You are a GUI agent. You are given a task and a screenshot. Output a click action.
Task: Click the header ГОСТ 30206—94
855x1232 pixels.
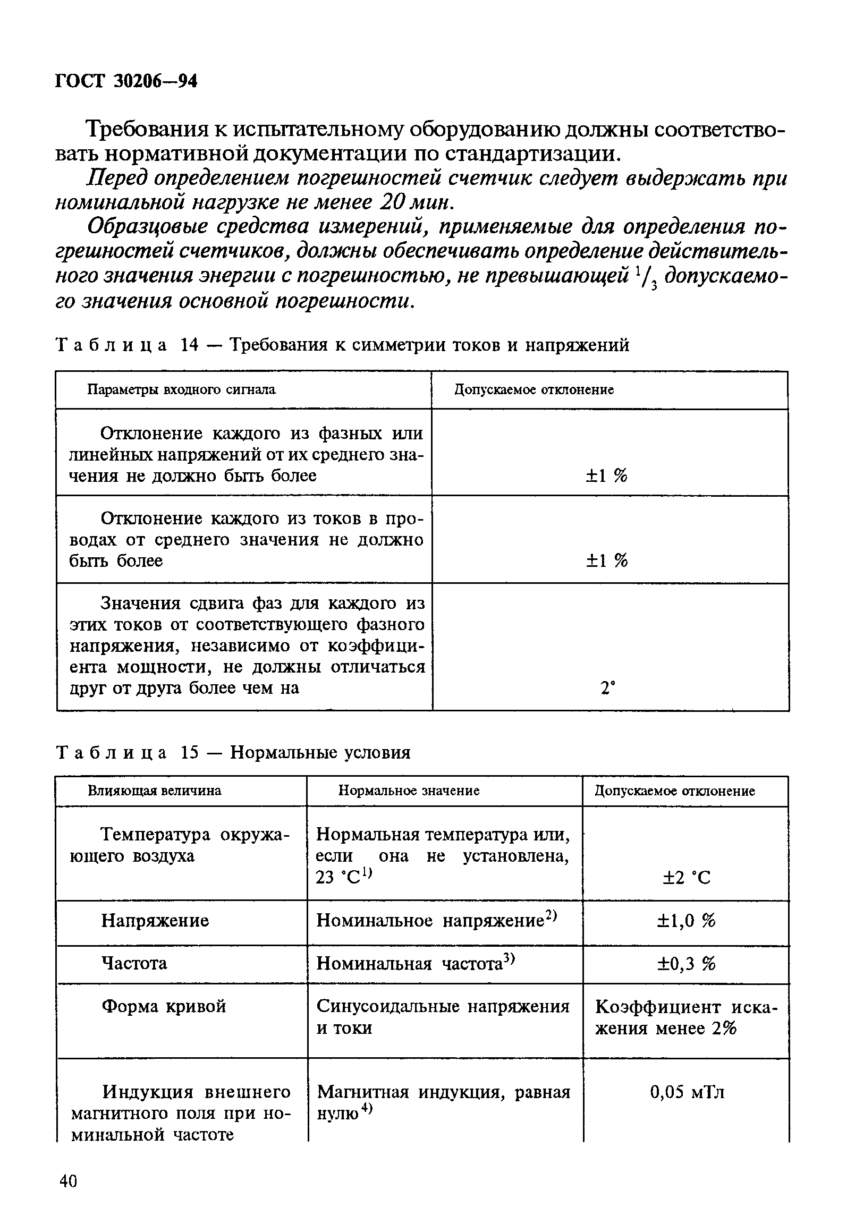pos(126,81)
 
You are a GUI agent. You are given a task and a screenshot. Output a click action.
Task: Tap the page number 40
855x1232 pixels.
pos(69,1181)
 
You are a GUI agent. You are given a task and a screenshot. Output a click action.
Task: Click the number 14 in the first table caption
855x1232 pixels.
pos(190,345)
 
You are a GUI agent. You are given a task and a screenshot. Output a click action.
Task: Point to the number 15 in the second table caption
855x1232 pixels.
pos(190,753)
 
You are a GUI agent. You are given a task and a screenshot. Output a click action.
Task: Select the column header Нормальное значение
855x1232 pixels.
pos(409,791)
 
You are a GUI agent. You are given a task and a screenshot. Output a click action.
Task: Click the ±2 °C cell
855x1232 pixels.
pos(686,878)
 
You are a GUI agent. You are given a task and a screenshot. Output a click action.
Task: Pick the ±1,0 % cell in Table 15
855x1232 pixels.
pos(686,921)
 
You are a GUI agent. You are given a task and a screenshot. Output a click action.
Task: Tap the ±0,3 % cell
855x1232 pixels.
pos(686,964)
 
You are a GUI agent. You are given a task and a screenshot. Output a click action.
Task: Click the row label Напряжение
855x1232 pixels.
pos(155,921)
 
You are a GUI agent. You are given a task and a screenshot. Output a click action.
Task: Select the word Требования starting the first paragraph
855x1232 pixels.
pos(146,130)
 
